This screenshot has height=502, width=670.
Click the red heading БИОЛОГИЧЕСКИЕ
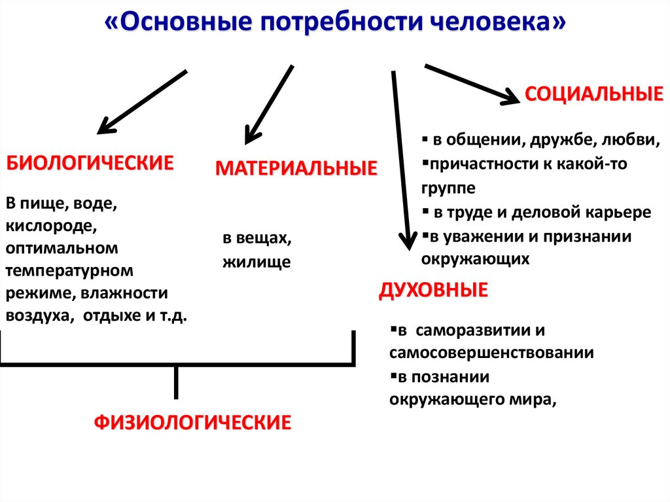point(90,163)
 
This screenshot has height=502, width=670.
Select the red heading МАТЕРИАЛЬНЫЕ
point(296,169)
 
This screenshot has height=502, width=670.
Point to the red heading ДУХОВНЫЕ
point(433,290)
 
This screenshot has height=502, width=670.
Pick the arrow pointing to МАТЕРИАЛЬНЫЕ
point(268,105)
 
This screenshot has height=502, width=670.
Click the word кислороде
point(52,226)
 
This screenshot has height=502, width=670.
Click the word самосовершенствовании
point(491,353)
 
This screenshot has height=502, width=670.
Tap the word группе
point(448,188)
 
